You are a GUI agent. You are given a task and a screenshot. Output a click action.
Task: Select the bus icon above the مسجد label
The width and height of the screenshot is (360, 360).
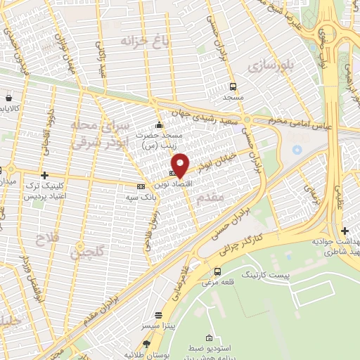coord(232,86)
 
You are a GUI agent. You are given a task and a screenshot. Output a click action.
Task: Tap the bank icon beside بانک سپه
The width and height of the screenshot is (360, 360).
coord(141,186)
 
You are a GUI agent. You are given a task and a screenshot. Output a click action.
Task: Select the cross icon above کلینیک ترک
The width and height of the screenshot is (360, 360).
coord(44,174)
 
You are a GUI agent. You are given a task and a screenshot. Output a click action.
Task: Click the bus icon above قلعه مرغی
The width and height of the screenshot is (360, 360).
coord(217,271)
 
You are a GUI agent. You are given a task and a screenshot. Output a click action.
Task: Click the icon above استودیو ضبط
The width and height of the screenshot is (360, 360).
coord(208,340)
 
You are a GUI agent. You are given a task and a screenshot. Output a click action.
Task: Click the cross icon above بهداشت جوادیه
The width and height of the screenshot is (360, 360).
coord(345,231)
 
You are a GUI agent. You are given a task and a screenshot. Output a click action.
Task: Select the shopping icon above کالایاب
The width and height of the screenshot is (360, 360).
coord(8,98)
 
